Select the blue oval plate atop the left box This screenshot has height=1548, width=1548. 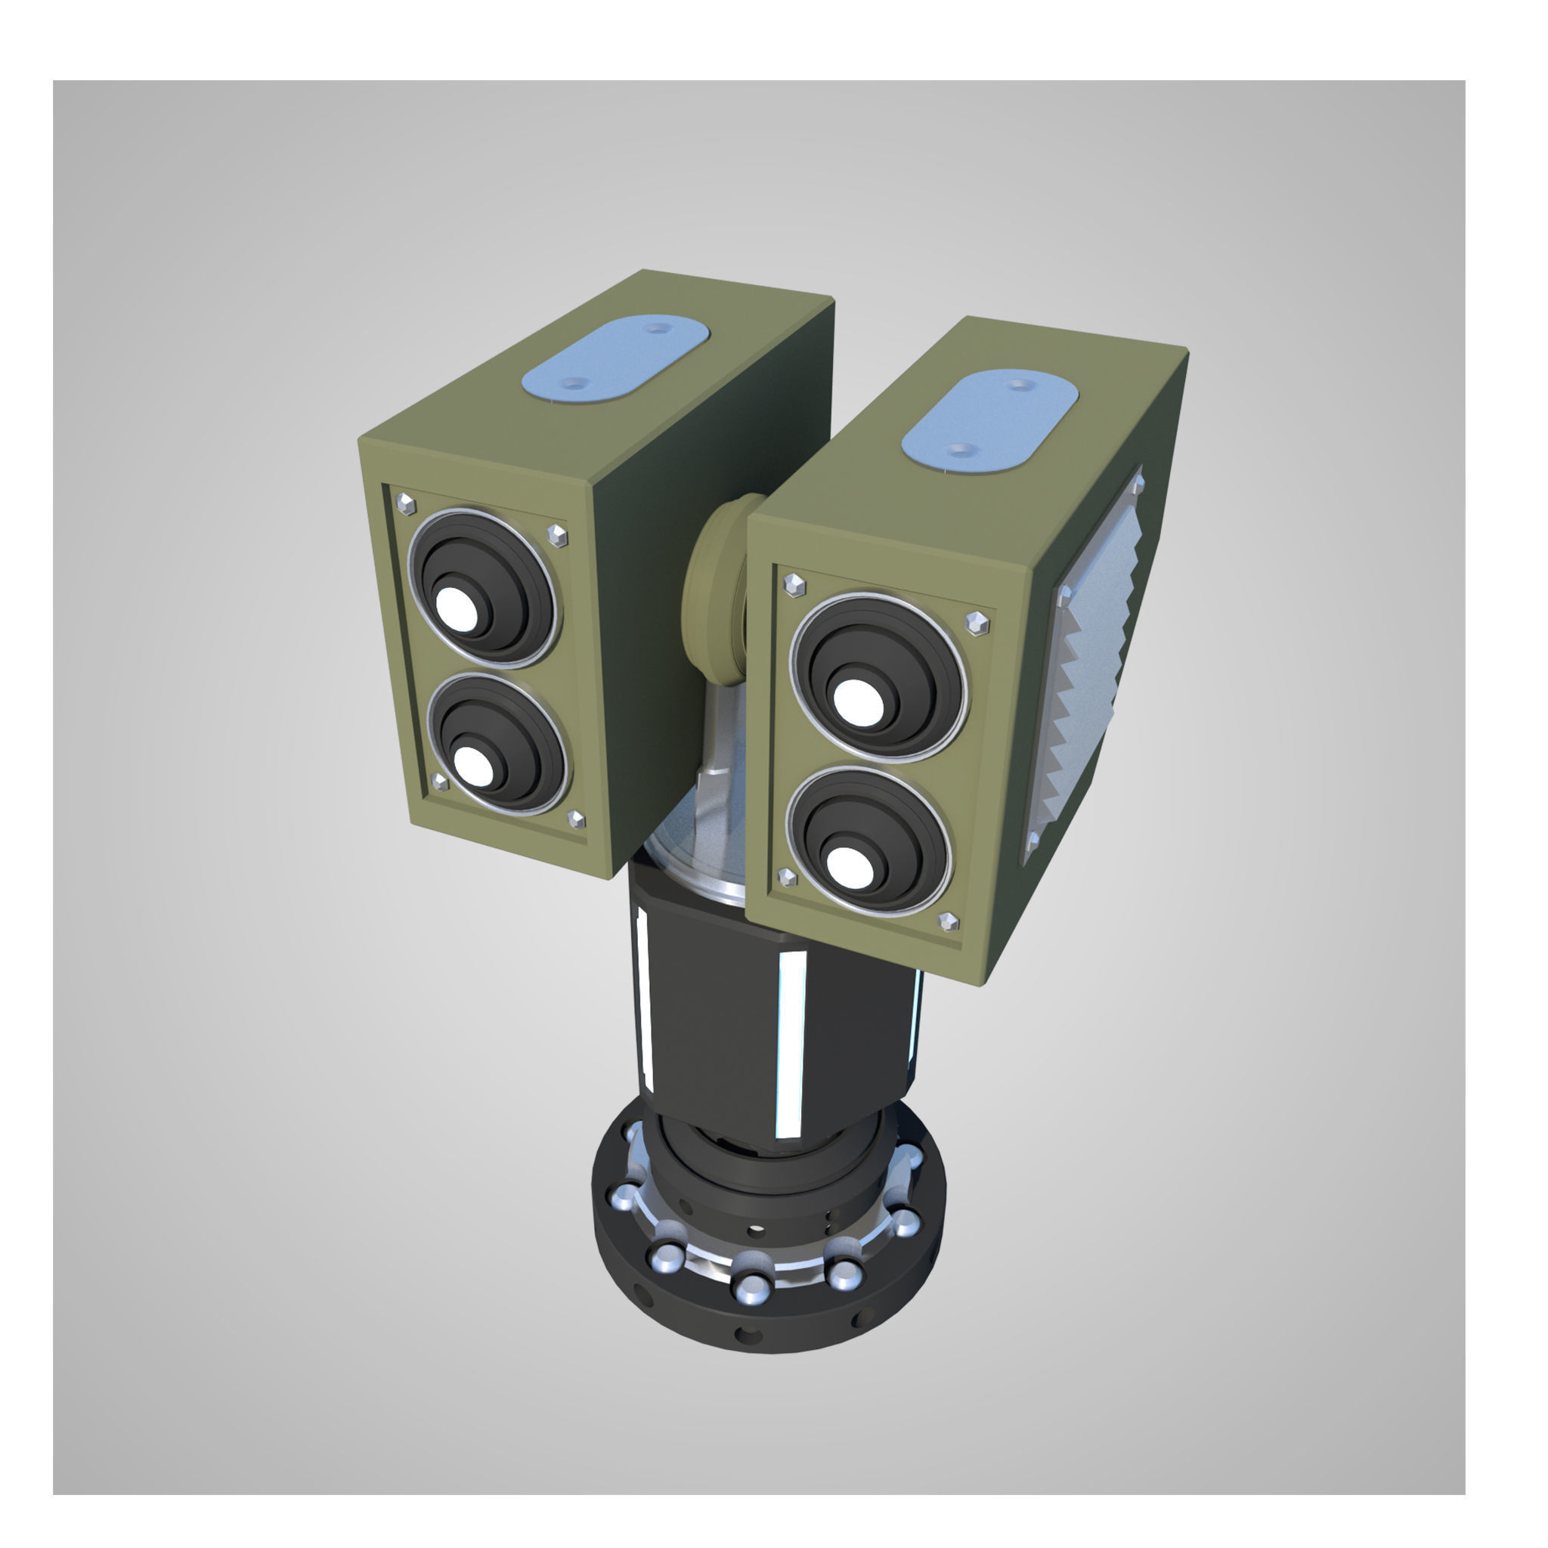[x=615, y=358]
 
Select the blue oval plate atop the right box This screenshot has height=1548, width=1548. [x=989, y=418]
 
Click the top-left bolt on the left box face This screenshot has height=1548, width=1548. [x=406, y=504]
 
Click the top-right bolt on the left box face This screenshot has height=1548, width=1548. [x=556, y=534]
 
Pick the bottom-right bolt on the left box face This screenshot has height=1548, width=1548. [x=575, y=819]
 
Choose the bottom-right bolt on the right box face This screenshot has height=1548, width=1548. [x=949, y=921]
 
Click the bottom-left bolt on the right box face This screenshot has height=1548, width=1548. [x=787, y=878]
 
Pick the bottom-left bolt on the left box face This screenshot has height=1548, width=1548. [x=440, y=782]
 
